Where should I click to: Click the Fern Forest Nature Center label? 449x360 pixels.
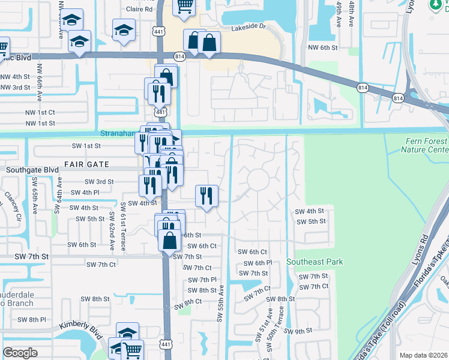point(424,145)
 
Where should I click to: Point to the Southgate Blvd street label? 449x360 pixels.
point(32,170)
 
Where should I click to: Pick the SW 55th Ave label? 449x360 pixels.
point(221,304)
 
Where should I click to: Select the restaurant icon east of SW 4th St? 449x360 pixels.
point(206,196)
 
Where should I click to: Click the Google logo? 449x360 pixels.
point(20,352)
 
